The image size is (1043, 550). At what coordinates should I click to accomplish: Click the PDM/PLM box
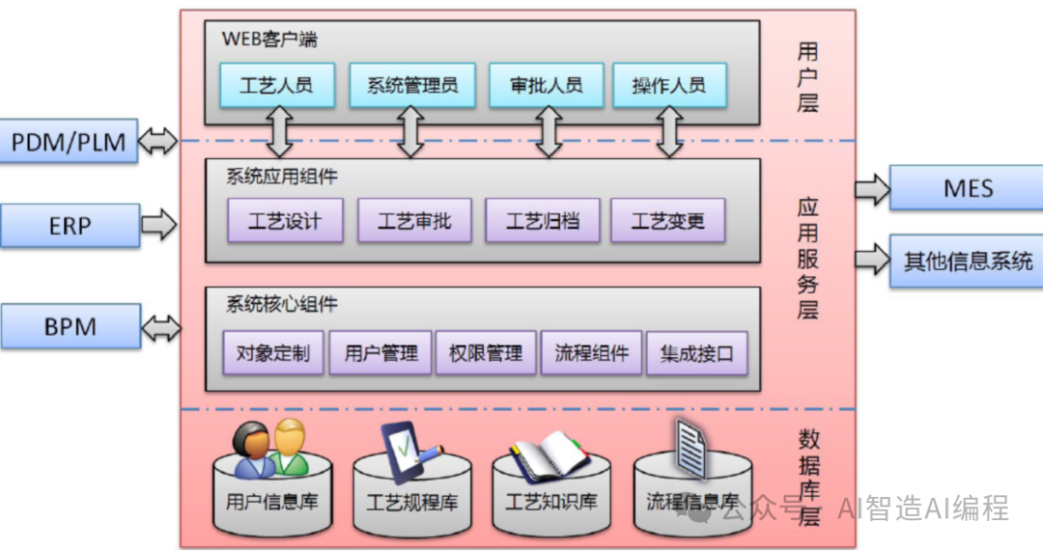point(69,143)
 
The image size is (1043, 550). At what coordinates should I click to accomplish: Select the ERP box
point(70,226)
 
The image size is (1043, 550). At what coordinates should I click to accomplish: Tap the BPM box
point(70,326)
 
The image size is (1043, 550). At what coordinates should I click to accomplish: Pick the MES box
point(967,188)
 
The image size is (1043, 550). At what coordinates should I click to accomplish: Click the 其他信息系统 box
point(967,261)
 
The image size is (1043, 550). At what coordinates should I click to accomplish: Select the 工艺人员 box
point(277,85)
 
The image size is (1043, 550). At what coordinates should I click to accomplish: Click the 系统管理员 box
point(412,85)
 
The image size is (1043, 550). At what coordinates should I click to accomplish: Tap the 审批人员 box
point(547,85)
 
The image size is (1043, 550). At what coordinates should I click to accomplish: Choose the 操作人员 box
point(668,85)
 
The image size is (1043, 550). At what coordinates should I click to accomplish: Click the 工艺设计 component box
point(285,221)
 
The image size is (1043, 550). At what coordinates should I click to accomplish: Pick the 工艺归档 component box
point(543,221)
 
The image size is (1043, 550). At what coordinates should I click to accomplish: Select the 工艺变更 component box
point(668,221)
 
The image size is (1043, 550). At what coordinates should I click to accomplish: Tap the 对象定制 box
point(273,353)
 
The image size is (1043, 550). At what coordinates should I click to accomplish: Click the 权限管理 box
point(486,353)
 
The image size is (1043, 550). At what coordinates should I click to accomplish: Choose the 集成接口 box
point(696,353)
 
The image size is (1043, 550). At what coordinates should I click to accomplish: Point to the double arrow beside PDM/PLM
point(158,143)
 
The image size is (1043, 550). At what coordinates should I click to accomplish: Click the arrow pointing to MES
point(872,189)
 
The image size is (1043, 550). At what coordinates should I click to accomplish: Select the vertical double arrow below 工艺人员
point(280,131)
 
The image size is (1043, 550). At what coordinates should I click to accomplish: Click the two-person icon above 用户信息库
point(270,449)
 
